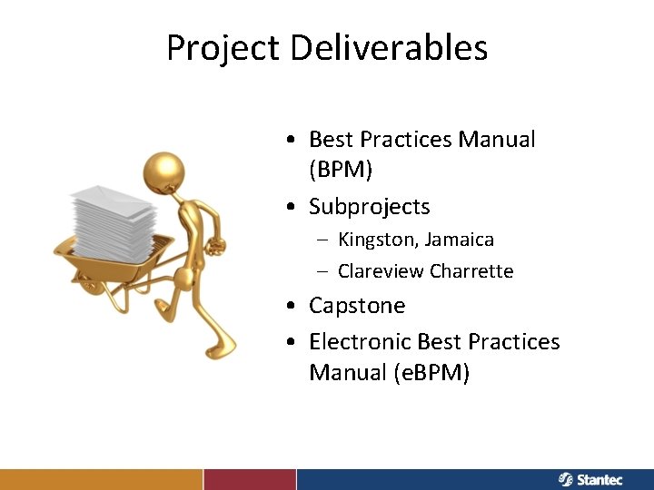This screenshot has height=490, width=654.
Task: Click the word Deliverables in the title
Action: pos(390,48)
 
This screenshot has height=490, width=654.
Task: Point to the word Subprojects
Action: pos(369,207)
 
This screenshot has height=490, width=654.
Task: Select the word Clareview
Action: pos(381,271)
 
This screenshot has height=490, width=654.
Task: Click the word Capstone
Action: pos(357,306)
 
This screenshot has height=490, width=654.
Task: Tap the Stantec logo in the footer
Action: pos(590,479)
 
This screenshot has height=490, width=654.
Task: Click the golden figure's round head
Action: pos(164,170)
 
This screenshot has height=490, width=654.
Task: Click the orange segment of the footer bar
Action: pos(101,479)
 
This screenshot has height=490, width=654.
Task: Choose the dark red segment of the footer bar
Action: pos(250,479)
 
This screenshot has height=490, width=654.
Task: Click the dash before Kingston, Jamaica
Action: pos(323,240)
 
